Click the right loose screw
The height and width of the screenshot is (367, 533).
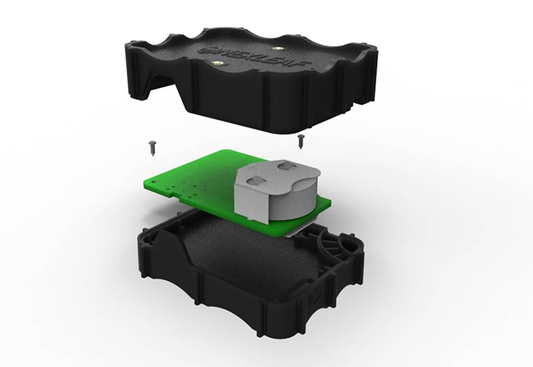coord(301,140)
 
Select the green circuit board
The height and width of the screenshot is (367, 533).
coord(193,177)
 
